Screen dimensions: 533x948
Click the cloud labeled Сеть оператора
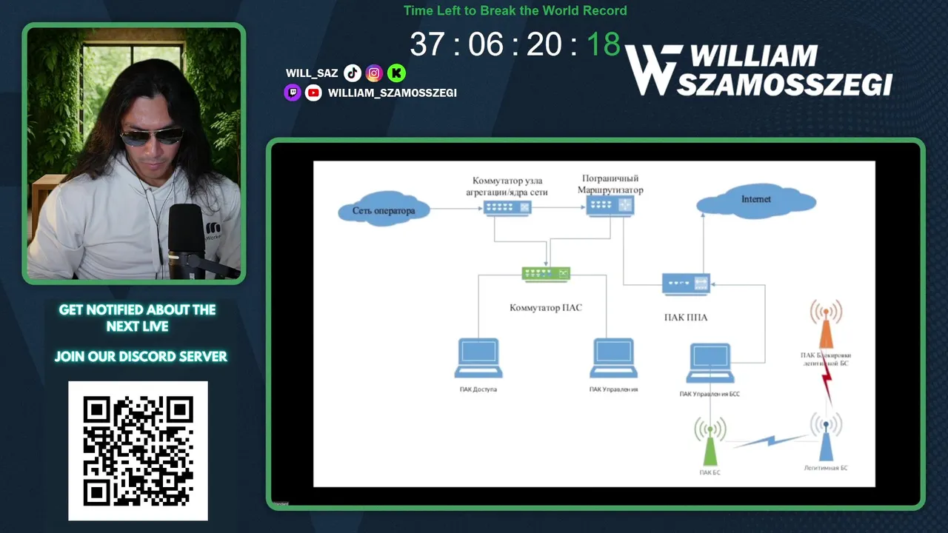tap(383, 210)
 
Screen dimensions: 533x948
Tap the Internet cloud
tap(755, 201)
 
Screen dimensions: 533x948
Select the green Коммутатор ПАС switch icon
tap(547, 274)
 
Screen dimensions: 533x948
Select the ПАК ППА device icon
tap(686, 284)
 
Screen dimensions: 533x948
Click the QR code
tap(138, 451)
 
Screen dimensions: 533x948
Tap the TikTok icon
tap(353, 73)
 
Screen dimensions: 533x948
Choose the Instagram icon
tap(374, 73)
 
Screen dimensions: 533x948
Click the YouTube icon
tap(313, 93)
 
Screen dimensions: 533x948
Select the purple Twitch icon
tap(293, 93)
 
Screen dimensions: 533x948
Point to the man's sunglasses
tap(151, 136)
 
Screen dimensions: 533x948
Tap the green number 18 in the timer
tap(603, 44)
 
